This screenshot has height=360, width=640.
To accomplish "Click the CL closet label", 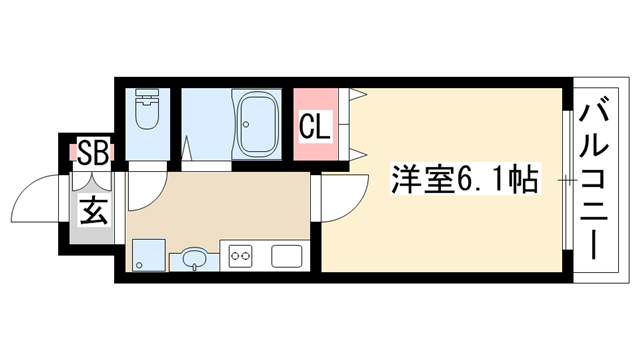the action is coord(314,126).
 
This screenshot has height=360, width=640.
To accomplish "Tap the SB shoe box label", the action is coord(93,152).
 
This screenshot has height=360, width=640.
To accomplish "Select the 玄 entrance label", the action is coord(94,211).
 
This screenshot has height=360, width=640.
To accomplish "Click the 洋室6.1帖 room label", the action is coord(465,179).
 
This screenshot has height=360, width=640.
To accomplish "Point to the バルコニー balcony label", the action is coord(593,182).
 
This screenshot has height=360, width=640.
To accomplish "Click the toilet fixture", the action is coord(147,109).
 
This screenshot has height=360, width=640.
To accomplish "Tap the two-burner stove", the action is coord(240,256).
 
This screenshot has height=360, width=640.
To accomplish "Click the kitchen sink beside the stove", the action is coord(287,256).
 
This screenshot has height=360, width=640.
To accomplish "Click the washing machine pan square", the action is coord(149,255).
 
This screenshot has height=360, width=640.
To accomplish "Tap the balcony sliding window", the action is coord(567,180).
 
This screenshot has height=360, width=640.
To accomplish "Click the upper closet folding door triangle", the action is coord(358,95).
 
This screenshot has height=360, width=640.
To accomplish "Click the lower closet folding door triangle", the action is coord(358,154).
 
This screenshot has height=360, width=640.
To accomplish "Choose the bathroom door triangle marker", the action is coord(187,148).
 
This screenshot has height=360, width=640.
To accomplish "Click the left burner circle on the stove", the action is coord(235,256).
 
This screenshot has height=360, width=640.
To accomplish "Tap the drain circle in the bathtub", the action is coord(246,124).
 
